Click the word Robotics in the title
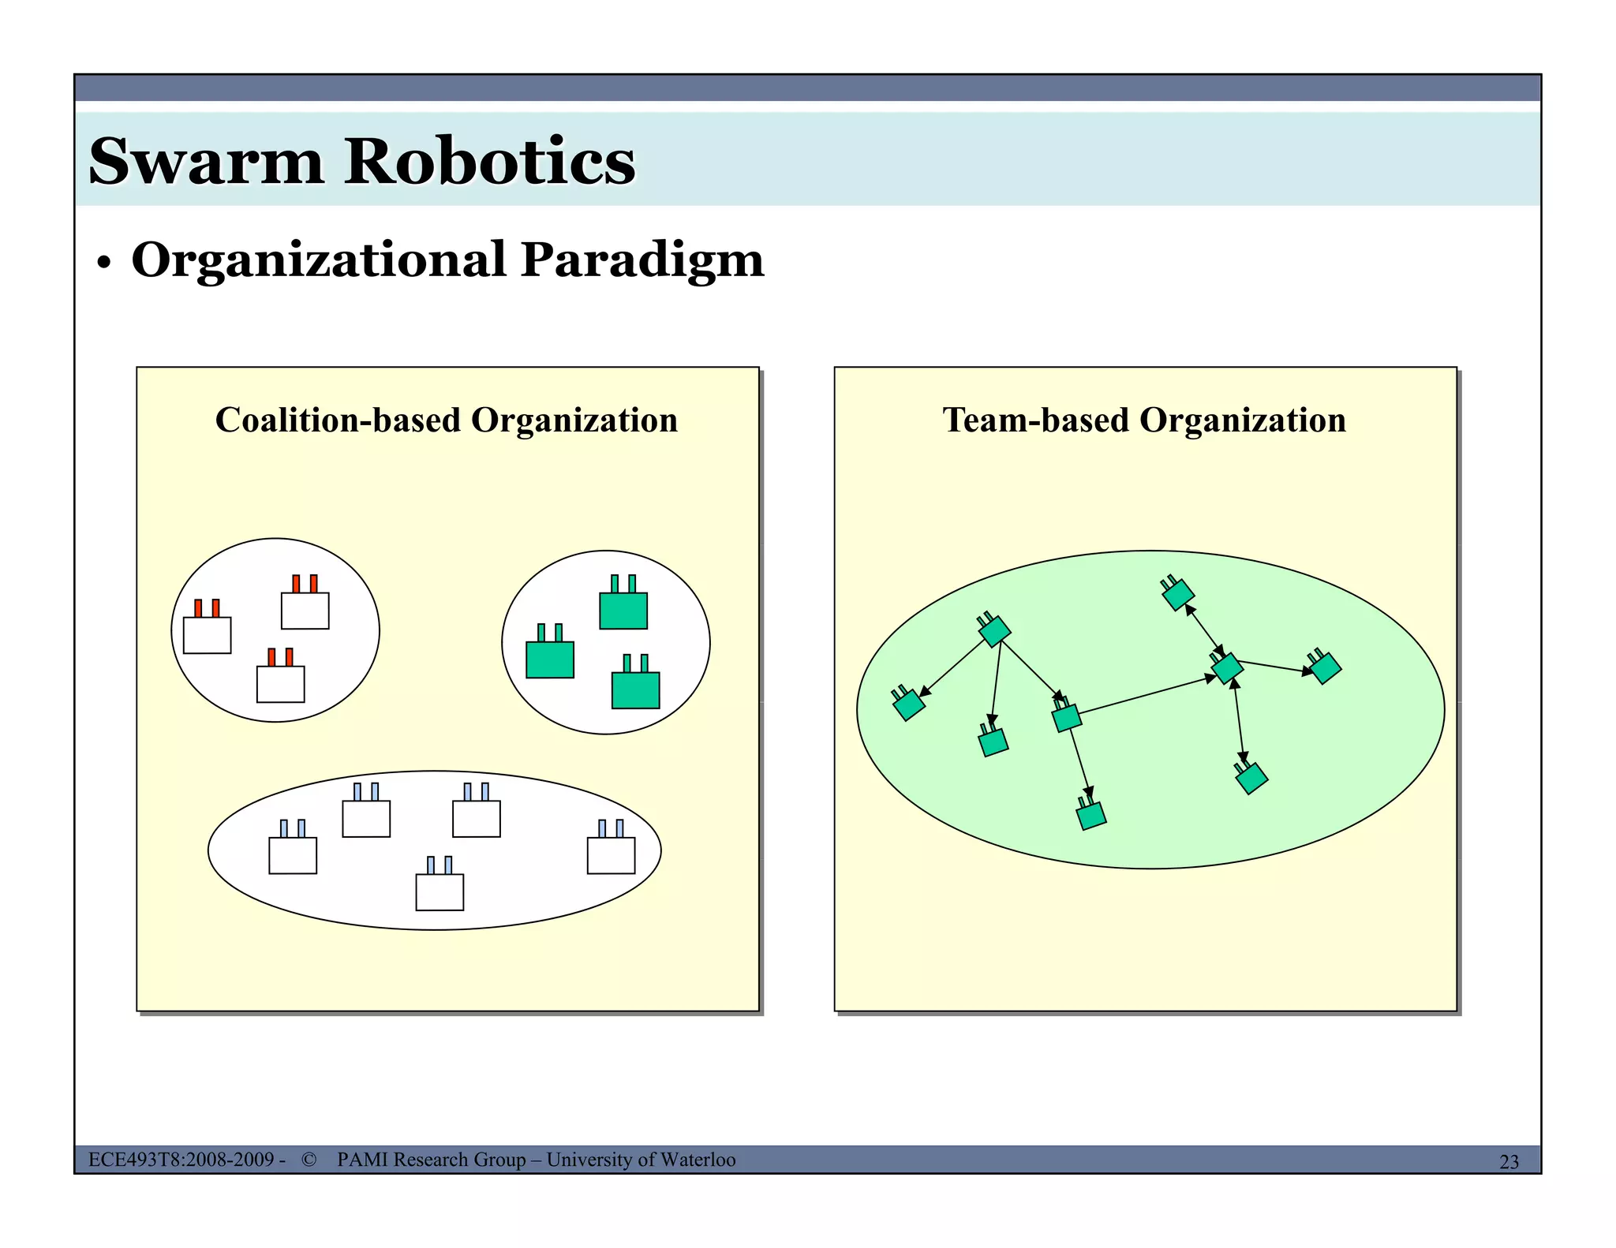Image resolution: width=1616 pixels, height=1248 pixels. tap(489, 162)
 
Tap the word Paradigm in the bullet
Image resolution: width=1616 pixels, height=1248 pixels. tap(642, 260)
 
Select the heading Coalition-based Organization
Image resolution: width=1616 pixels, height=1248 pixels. tap(447, 420)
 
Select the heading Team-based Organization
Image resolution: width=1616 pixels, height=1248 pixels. tap(1144, 420)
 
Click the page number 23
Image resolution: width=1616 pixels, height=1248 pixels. tap(1509, 1162)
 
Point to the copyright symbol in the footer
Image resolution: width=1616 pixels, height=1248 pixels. tap(309, 1159)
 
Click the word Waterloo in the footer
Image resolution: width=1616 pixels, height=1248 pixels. tap(698, 1159)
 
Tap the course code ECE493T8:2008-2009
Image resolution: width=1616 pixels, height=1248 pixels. tap(181, 1159)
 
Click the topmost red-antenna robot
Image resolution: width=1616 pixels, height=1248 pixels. tap(305, 607)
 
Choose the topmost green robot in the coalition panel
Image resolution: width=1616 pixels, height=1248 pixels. tap(623, 607)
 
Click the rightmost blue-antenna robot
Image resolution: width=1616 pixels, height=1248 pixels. tap(611, 852)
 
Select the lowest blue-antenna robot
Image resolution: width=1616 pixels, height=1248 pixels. tap(440, 889)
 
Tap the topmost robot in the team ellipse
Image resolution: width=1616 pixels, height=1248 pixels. tap(1178, 593)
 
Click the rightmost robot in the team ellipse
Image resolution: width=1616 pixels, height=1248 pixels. tap(1325, 667)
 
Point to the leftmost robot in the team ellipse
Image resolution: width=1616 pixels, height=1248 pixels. tap(908, 704)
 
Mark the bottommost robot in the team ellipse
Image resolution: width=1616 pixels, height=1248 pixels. tap(1091, 814)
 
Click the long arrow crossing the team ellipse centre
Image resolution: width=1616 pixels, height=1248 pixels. tap(1144, 696)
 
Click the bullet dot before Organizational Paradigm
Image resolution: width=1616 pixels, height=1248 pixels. tap(103, 264)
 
